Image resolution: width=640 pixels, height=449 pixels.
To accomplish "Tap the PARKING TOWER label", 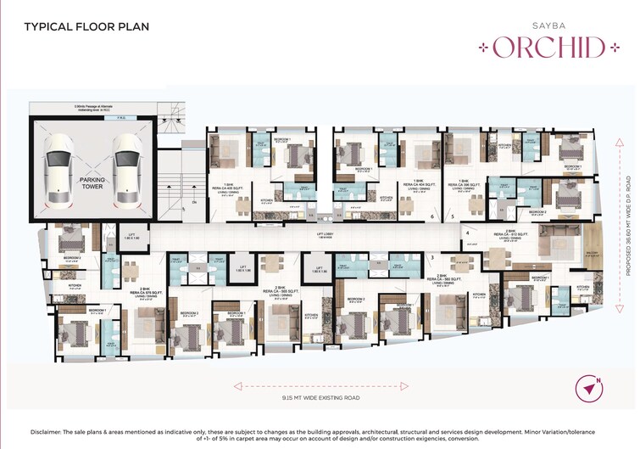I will click(x=92, y=186).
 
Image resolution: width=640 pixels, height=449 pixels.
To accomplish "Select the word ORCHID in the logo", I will click(x=551, y=46).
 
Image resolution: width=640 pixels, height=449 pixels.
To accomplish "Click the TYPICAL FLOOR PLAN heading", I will click(x=86, y=26).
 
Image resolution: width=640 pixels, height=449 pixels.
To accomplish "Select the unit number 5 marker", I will click(x=454, y=217).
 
